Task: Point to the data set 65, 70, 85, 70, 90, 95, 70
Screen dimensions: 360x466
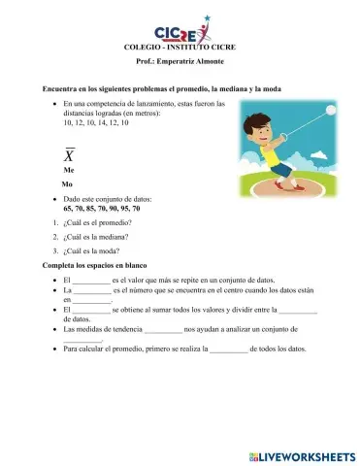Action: click(102, 209)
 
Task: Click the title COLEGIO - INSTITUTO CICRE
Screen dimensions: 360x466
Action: click(180, 48)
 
